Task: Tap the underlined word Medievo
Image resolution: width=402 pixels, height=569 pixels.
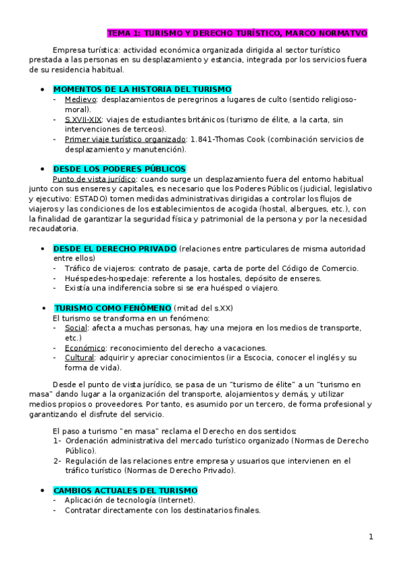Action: (x=81, y=99)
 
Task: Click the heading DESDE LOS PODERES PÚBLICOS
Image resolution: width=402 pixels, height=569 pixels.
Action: (x=119, y=169)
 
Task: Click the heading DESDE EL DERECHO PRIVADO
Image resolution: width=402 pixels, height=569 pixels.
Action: (x=114, y=248)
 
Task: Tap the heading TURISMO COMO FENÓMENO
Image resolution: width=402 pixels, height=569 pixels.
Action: (x=112, y=308)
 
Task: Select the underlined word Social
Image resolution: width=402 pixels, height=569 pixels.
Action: (x=76, y=328)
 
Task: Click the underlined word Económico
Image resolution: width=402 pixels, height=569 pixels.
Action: (x=85, y=348)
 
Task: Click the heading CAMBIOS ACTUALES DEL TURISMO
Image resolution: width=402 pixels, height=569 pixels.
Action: (x=125, y=491)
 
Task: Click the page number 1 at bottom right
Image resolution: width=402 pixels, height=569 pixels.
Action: (x=370, y=537)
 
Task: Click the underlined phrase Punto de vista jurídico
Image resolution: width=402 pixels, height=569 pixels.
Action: (x=95, y=179)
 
